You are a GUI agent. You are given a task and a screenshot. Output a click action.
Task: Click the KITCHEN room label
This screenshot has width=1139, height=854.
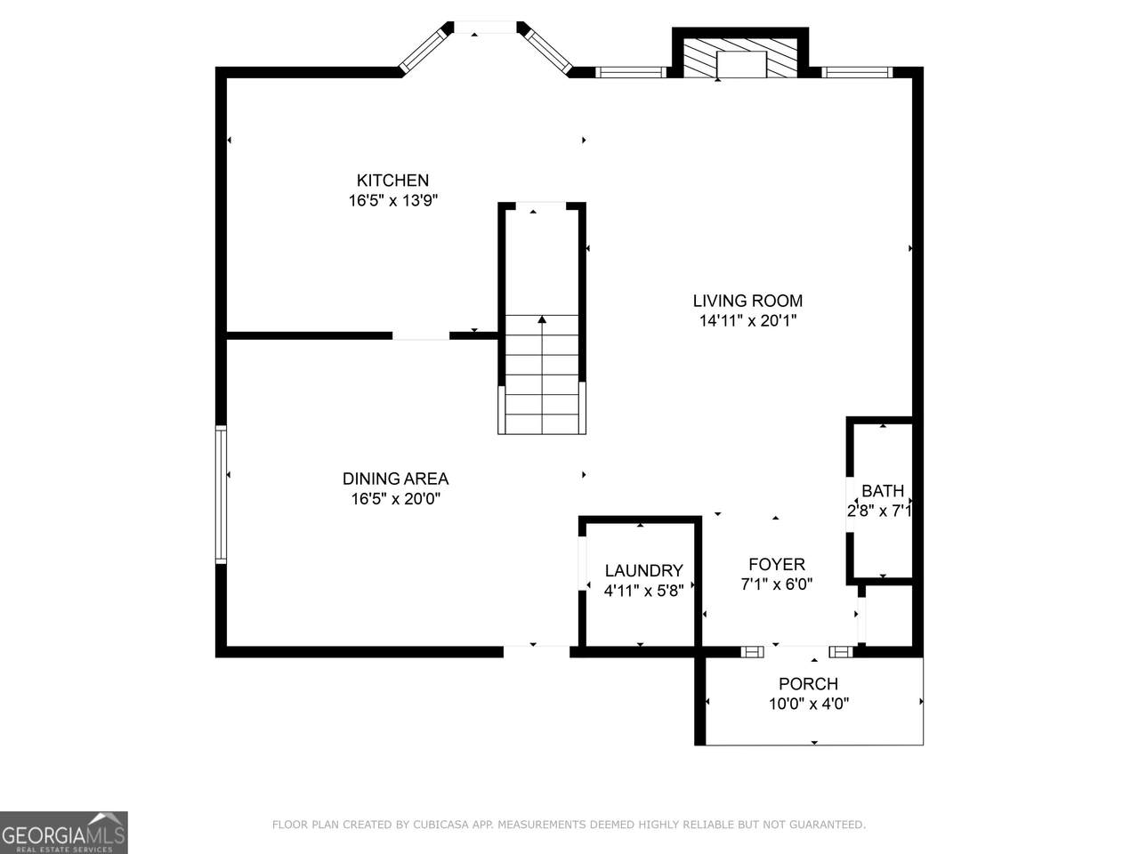click(392, 181)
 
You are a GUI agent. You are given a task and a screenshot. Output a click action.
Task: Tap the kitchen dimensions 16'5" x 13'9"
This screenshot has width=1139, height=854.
click(392, 201)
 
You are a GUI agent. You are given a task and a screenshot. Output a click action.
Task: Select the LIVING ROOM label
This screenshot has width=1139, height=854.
click(747, 301)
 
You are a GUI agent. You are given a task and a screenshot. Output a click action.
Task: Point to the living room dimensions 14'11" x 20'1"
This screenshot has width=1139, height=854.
click(747, 321)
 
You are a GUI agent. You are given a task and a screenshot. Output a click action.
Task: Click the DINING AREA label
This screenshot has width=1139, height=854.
click(395, 479)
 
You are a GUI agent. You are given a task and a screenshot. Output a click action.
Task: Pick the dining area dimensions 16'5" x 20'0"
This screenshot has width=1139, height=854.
click(395, 499)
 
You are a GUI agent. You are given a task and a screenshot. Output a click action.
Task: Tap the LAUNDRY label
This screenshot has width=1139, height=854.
click(643, 570)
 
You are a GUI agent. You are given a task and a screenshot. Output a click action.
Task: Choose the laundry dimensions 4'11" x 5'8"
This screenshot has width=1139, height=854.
click(643, 591)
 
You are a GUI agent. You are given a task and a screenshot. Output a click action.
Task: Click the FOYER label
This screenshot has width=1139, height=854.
click(777, 564)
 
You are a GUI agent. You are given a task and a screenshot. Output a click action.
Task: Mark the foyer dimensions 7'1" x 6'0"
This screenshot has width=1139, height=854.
click(777, 584)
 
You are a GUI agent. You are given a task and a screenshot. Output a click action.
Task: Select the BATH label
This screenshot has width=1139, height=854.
click(883, 490)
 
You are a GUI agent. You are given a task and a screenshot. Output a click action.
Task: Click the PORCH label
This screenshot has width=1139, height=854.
click(809, 684)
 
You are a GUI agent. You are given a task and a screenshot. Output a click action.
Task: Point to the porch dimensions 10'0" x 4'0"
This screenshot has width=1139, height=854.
click(809, 705)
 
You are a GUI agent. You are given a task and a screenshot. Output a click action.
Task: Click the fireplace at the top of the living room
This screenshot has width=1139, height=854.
click(740, 58)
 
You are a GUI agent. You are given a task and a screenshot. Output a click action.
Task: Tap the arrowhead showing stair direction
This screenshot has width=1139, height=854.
click(542, 319)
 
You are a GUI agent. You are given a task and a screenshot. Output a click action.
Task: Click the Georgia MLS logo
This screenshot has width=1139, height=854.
click(64, 833)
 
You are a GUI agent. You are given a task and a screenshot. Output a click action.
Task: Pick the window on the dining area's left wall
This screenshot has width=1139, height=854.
click(221, 495)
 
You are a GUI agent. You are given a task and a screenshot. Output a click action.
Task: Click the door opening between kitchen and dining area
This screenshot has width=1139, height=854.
click(420, 336)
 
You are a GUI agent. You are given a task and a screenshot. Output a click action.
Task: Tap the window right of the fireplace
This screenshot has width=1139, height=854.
click(857, 72)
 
